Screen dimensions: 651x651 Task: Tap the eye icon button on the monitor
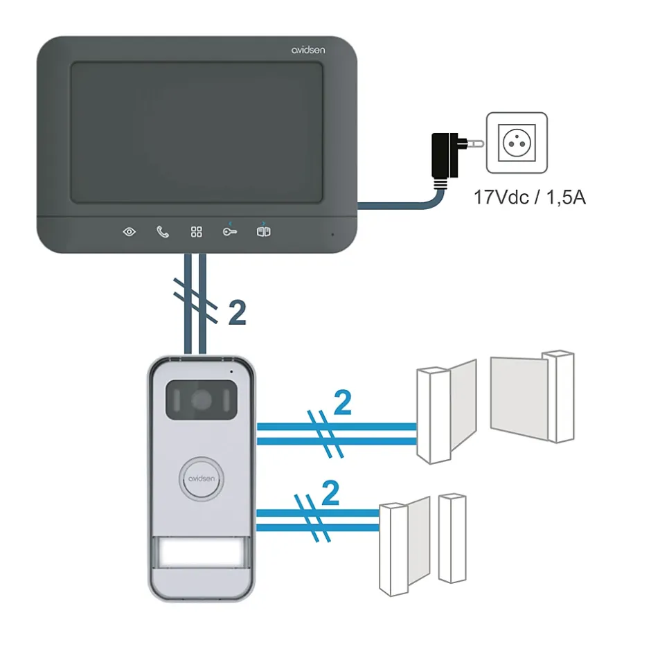point(130,231)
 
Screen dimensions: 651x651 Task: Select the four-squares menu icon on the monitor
point(197,231)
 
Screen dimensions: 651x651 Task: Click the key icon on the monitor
point(230,231)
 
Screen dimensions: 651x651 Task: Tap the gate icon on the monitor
point(263,231)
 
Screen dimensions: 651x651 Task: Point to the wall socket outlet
point(516,143)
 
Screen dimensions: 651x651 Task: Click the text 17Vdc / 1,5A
point(530,197)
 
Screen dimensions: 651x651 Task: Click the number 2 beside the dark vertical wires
point(237,314)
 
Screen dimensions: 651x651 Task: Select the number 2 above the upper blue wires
point(342,404)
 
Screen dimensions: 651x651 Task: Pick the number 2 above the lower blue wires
point(331,494)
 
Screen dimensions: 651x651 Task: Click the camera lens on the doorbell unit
point(202,400)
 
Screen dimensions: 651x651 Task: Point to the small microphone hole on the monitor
point(331,234)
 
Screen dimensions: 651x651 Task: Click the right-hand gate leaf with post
point(533,396)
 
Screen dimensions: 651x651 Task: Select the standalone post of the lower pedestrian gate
point(452,537)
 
